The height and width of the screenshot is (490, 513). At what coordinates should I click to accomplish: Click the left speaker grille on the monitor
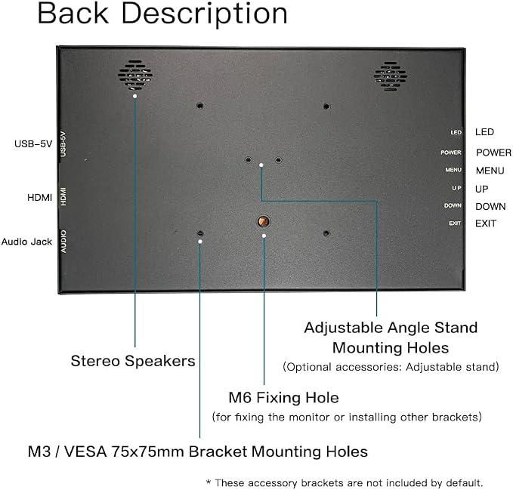click(135, 76)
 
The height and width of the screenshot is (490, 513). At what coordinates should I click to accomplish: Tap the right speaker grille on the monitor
click(391, 76)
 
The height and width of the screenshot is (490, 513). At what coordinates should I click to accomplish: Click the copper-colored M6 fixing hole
click(264, 222)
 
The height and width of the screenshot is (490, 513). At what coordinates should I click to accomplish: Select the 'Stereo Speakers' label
click(133, 361)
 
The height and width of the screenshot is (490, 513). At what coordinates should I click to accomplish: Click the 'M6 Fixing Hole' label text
click(283, 397)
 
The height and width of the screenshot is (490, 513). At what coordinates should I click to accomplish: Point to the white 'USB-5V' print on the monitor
click(63, 144)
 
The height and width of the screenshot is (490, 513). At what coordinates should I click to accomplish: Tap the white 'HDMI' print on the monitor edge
click(63, 196)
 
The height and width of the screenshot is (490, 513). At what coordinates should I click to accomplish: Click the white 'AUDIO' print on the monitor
click(63, 242)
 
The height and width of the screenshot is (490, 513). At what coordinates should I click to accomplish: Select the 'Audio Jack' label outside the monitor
click(27, 242)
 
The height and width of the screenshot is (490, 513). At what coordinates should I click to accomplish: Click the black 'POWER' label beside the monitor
click(493, 153)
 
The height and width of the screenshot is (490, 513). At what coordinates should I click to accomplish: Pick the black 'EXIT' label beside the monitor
click(486, 223)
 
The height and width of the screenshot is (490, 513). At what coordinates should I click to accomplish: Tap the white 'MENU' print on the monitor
click(453, 170)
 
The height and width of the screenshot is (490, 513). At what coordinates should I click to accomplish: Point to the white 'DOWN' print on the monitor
click(453, 205)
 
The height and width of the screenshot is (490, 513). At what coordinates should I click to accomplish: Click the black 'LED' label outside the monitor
click(484, 132)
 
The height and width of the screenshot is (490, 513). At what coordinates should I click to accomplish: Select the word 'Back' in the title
click(73, 14)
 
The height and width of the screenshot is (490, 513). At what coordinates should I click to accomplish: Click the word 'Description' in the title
click(205, 14)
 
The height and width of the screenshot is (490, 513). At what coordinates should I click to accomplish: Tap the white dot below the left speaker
click(134, 96)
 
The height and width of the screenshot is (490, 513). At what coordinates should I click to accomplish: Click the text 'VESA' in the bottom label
click(85, 451)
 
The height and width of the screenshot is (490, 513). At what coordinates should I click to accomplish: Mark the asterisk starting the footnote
click(209, 482)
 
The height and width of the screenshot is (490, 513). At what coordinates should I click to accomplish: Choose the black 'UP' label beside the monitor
click(481, 189)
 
